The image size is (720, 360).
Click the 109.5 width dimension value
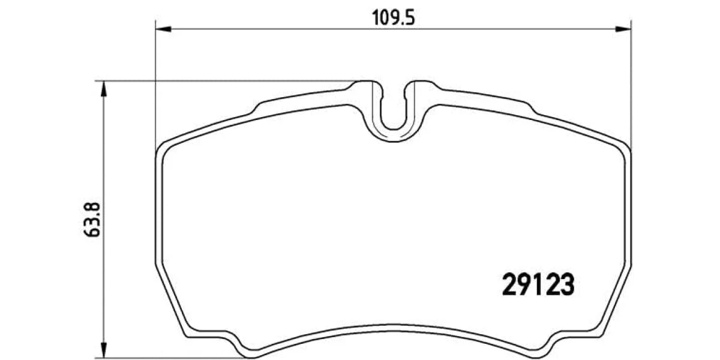tap(394, 18)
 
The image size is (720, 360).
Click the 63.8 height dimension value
tap(92, 220)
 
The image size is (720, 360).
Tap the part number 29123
tap(538, 284)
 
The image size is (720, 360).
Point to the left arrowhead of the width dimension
tap(163, 29)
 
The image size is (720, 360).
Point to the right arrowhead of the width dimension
tap(623, 29)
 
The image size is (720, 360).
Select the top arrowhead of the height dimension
tap(103, 89)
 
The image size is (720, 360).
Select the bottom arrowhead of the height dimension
tap(103, 350)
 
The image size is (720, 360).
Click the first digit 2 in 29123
tap(509, 284)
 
